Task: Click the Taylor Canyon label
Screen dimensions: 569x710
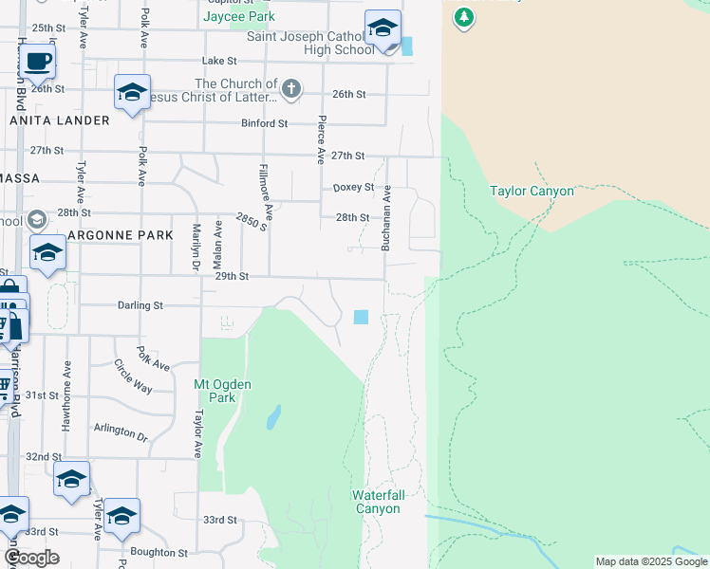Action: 532,191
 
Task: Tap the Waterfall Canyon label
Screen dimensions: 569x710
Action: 377,502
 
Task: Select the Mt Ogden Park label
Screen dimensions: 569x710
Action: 214,391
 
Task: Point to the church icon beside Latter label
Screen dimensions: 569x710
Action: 291,90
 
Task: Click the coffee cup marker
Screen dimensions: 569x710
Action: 37,62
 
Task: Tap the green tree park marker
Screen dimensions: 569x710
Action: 463,17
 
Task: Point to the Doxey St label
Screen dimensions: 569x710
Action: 353,188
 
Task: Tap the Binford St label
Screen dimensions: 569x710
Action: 265,123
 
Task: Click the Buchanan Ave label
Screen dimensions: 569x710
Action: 386,218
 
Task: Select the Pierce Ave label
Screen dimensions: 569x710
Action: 322,138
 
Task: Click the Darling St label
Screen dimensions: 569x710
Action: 140,305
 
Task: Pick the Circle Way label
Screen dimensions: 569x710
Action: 133,376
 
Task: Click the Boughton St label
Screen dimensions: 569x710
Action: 159,552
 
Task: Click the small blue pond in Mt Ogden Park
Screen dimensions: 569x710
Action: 273,416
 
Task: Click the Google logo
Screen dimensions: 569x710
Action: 31,558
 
